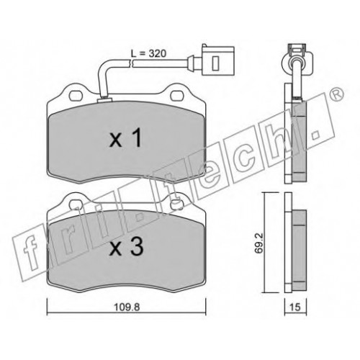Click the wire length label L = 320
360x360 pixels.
coord(148,53)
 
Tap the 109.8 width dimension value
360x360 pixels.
coord(126,307)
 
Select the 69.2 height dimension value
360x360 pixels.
coord(259,243)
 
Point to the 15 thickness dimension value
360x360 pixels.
coord(295,307)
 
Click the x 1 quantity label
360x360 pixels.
coord(126,139)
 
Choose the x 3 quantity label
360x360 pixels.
coord(127,247)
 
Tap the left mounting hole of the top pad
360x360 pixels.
coord(76,96)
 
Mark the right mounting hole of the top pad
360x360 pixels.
coord(177,96)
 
